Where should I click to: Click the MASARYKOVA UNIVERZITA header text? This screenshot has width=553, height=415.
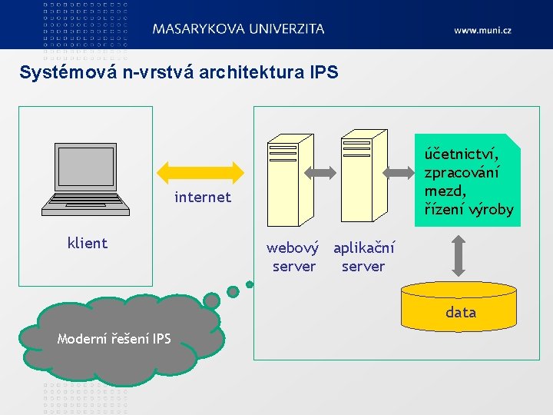click(238, 28)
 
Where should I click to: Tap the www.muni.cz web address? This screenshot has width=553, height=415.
click(482, 30)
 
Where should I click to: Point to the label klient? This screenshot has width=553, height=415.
click(88, 244)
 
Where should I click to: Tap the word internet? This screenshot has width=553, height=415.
click(203, 198)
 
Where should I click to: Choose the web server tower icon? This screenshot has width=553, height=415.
click(289, 184)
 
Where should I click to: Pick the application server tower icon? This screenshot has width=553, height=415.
click(363, 184)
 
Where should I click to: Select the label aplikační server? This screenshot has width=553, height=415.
click(364, 257)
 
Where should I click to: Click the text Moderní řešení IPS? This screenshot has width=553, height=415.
click(114, 339)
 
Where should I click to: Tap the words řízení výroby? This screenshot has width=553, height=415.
click(469, 209)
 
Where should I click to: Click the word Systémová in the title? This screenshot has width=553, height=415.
click(68, 73)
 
